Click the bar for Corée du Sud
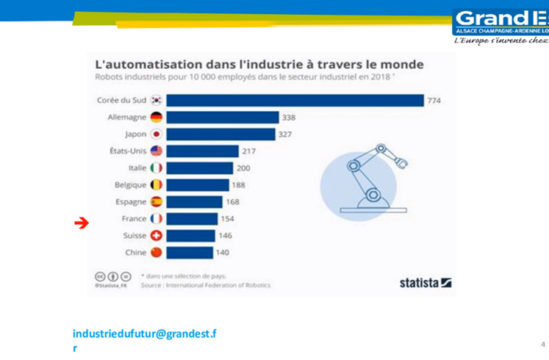tap(295, 100)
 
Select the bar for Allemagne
tap(222, 117)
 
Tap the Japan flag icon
tap(156, 134)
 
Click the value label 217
tap(248, 151)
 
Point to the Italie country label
tap(137, 168)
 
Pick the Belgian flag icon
tap(156, 185)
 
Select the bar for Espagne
tap(194, 201)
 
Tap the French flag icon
tap(156, 219)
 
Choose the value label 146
tap(226, 236)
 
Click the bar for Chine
tap(189, 253)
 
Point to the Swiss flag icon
tap(156, 236)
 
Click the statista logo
tap(425, 282)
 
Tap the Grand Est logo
tap(501, 23)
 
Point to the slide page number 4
tap(542, 344)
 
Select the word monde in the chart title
tap(401, 64)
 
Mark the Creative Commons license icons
tap(107, 276)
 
